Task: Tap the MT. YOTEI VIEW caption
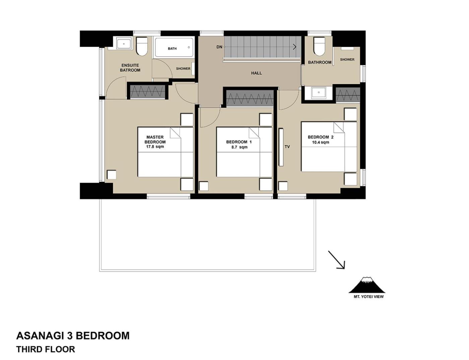pyautogui.click(x=368, y=297)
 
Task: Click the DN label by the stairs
pyautogui.click(x=219, y=47)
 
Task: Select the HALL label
pyautogui.click(x=256, y=73)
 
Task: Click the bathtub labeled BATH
pyautogui.click(x=174, y=48)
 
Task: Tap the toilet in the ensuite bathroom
pyautogui.click(x=142, y=47)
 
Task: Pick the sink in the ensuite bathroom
pyautogui.click(x=124, y=44)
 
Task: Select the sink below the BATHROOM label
pyautogui.click(x=319, y=93)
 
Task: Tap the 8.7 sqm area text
pyautogui.click(x=238, y=147)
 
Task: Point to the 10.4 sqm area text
pyautogui.click(x=321, y=142)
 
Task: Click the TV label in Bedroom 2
pyautogui.click(x=287, y=147)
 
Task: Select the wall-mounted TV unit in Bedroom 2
pyautogui.click(x=281, y=147)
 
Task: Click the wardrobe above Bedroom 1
pyautogui.click(x=250, y=99)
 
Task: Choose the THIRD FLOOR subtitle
pyautogui.click(x=46, y=349)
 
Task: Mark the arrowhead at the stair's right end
pyautogui.click(x=294, y=47)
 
